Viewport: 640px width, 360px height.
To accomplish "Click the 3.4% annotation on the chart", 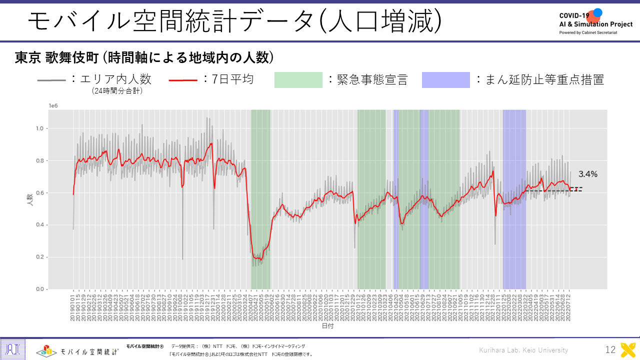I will coord(588,174).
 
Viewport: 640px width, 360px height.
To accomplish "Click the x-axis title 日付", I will coord(327,326).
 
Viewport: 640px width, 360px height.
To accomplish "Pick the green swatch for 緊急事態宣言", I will coord(298,80).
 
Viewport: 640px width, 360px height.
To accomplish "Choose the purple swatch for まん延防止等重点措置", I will coord(445,80).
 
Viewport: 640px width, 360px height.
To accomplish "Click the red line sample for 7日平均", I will coord(183,80).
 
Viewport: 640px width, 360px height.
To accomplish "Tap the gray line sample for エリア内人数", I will coord(51,80).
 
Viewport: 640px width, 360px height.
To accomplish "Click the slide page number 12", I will coord(610,350).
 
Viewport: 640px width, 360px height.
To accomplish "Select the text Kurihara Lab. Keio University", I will coord(523,350).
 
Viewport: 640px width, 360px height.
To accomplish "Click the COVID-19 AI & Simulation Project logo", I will coord(595,21).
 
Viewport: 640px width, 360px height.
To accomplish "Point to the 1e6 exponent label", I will coord(53,106).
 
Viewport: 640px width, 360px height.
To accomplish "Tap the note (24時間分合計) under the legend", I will coord(117,91).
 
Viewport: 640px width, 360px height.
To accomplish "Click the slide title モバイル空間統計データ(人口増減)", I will coord(235,21).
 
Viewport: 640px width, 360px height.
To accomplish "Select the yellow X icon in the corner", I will coord(628,350).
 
